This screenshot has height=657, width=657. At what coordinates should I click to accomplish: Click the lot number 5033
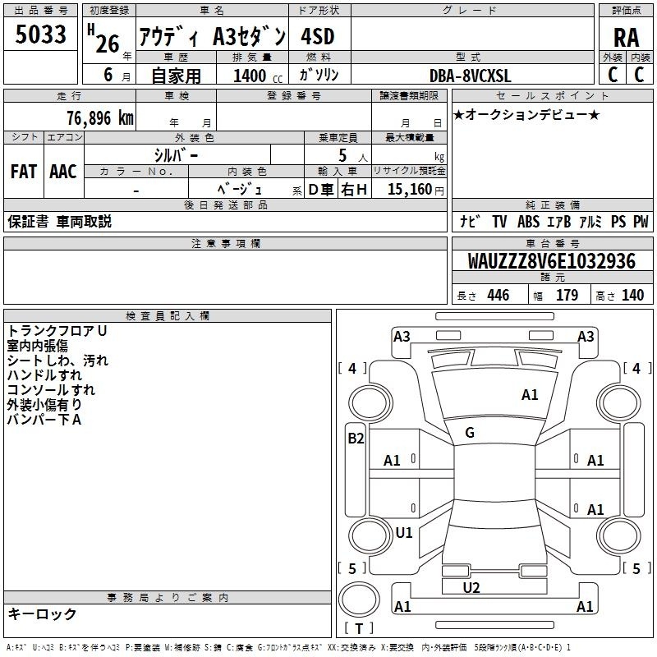[x=40, y=34]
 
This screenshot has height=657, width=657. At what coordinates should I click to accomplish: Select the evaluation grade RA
[x=626, y=38]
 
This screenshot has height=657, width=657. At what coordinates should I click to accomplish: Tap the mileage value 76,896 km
[x=100, y=118]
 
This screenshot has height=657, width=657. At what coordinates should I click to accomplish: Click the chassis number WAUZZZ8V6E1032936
[x=551, y=260]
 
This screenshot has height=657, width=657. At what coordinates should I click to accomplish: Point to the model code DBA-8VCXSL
[x=470, y=76]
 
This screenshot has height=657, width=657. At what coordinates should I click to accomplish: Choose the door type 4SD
[x=318, y=36]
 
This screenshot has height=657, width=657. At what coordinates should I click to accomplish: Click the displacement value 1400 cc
[x=258, y=76]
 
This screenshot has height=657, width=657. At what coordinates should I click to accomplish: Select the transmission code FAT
[x=24, y=172]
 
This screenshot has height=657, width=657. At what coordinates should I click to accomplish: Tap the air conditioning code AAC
[x=63, y=172]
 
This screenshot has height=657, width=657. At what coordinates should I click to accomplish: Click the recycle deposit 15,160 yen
[x=416, y=189]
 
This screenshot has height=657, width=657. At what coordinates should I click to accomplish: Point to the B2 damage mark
[x=356, y=439]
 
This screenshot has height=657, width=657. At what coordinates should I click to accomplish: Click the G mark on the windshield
[x=470, y=433]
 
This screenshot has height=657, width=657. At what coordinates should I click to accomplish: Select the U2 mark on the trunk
[x=471, y=588]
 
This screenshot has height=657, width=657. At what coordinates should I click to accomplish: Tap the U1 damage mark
[x=404, y=532]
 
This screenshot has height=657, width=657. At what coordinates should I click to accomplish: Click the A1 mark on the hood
[x=530, y=395]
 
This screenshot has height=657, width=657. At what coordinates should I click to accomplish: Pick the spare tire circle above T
[x=359, y=599]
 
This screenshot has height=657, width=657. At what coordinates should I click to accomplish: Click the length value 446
[x=498, y=295]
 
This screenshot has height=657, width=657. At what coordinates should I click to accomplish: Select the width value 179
[x=567, y=295]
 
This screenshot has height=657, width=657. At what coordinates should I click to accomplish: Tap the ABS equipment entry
[x=528, y=222]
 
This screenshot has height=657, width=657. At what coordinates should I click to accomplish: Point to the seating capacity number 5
[x=342, y=155]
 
